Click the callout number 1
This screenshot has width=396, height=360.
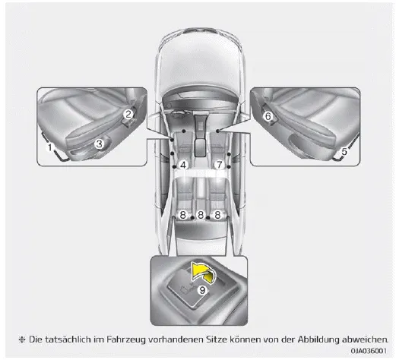click(50, 147)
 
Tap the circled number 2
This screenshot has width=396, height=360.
click(128, 114)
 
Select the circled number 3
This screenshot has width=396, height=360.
click(99, 144)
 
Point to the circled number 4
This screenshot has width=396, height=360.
click(183, 166)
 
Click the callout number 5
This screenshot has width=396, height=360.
click(344, 151)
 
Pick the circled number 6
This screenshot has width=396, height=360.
click(268, 117)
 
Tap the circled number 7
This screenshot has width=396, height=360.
click(220, 166)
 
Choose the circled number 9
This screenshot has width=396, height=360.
click(202, 290)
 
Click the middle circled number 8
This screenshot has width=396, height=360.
click(201, 215)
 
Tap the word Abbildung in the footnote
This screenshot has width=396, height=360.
click(318, 339)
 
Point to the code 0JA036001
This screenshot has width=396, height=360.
click(369, 351)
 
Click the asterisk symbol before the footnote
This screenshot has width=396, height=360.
click(22, 339)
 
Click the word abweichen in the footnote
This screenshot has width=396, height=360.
click(365, 339)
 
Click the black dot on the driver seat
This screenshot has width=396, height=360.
click(184, 131)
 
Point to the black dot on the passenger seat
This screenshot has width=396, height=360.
click(217, 131)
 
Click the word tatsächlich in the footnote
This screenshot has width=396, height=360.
click(64, 339)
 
